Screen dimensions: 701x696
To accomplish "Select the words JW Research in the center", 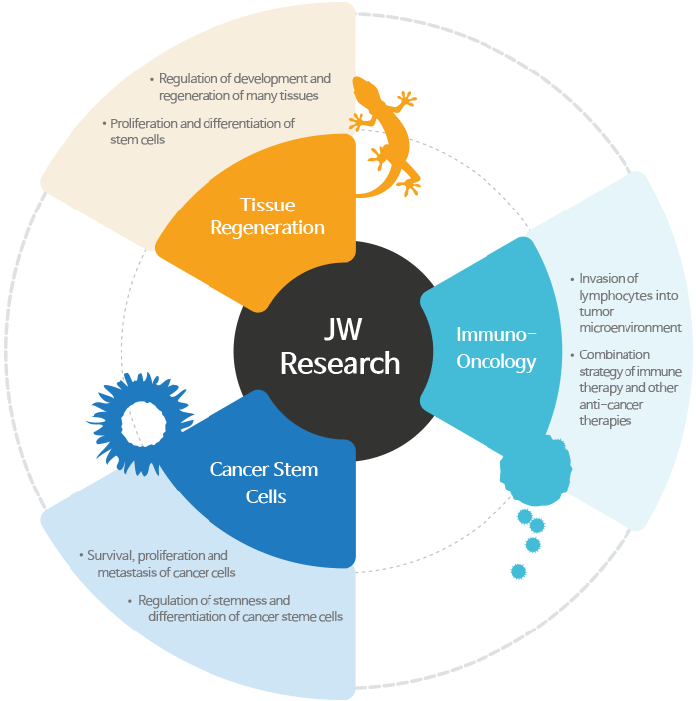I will point(340,346).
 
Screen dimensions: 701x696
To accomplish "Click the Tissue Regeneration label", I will point(281,216).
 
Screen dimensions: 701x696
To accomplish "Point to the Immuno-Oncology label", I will point(495,348).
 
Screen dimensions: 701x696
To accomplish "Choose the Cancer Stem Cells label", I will point(265,482).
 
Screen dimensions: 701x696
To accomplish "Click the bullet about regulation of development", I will point(244,87).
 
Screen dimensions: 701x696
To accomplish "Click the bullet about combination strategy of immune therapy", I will point(629,387).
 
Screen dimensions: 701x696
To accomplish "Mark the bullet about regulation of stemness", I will point(238,608).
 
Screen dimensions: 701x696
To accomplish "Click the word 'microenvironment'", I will point(629,327).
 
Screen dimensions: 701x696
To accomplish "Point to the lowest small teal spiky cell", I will point(517,570).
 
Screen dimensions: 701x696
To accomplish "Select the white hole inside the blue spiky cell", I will point(150,422).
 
